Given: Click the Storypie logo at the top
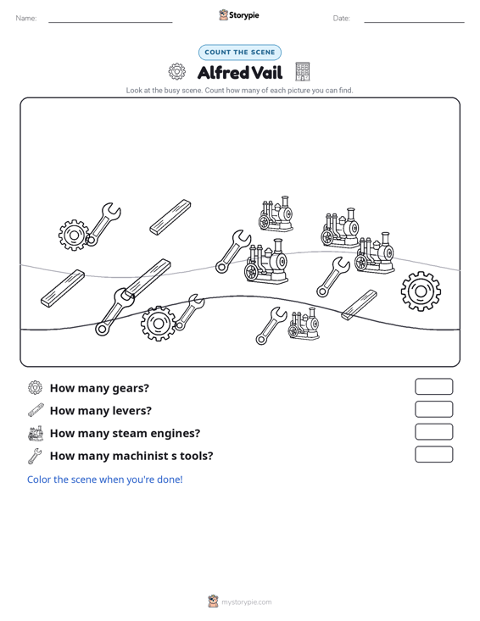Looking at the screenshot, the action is (x=239, y=15).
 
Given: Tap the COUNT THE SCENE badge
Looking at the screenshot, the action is (x=240, y=53).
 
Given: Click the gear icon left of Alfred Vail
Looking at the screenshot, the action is (x=176, y=72).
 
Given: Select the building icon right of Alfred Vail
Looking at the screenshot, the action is (x=303, y=72).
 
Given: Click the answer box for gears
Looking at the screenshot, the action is (x=433, y=386).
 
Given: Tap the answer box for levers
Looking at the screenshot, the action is (x=433, y=409).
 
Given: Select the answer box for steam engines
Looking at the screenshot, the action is (x=433, y=432).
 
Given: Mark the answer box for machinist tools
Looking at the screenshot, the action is (x=433, y=454).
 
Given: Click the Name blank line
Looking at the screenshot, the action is (x=110, y=22).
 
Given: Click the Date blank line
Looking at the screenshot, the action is (x=414, y=22).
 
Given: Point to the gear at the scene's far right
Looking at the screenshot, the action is (x=421, y=291).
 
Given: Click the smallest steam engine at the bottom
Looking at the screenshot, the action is (x=304, y=324).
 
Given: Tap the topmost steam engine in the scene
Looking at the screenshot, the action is (x=276, y=213).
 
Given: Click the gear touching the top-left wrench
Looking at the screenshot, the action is (x=74, y=236).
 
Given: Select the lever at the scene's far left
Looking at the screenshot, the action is (x=63, y=288).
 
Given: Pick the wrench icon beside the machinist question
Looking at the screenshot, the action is (x=35, y=456).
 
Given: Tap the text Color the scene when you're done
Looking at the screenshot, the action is (x=104, y=480).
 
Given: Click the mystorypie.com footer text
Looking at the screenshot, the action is (x=247, y=602).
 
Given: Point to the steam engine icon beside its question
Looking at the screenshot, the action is (x=36, y=433).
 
